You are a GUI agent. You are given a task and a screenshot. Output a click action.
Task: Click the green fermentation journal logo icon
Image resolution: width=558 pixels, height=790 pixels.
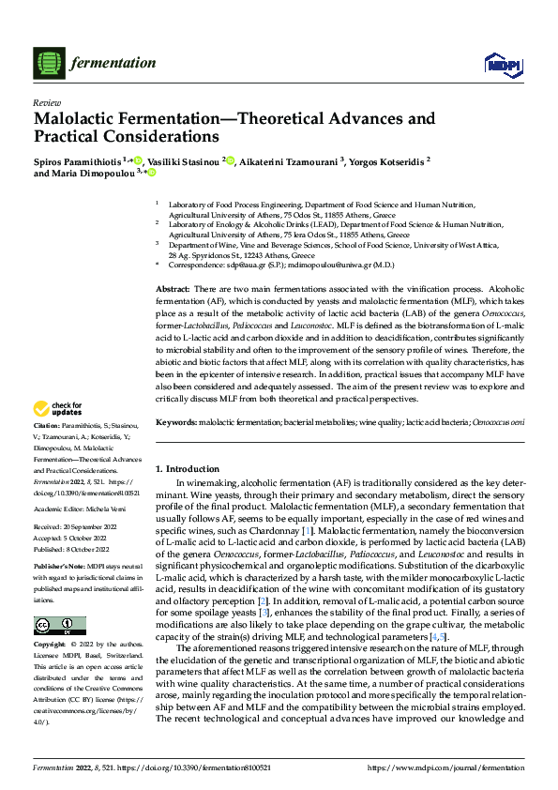(47, 63)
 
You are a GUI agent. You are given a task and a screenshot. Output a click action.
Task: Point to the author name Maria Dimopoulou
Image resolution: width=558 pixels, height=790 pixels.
(89, 173)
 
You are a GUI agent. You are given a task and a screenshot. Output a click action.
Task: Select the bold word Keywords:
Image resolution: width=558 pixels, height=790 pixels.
(176, 424)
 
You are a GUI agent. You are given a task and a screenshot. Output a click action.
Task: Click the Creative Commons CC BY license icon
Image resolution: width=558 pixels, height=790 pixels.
(59, 626)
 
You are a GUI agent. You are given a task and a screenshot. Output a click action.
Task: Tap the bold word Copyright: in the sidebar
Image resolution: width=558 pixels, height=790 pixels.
(50, 646)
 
